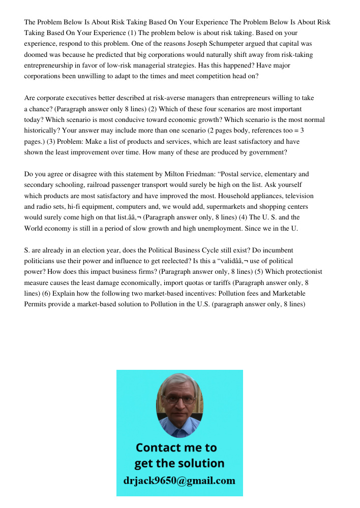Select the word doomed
tap(37, 55)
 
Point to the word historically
tap(44, 131)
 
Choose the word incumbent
tap(277, 250)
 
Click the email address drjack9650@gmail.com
tap(179, 481)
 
